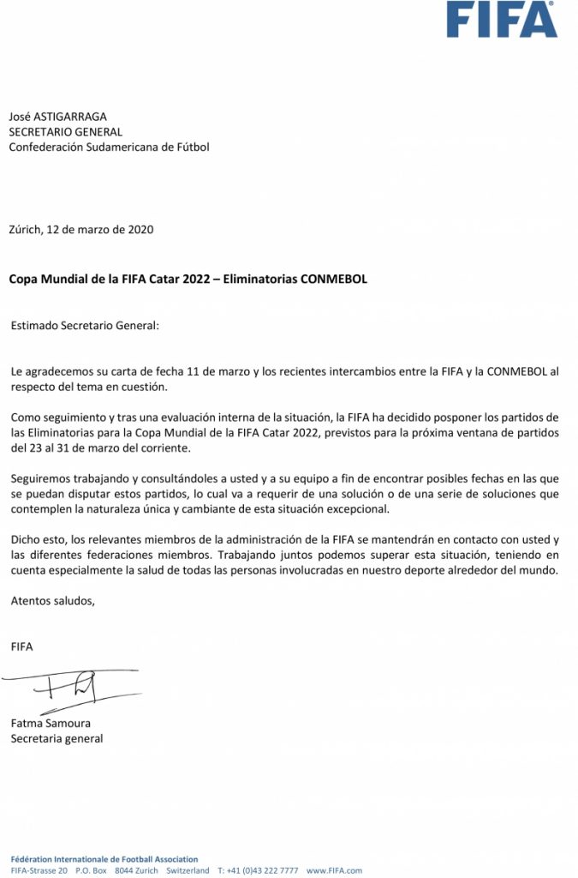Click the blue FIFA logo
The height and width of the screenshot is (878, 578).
502,19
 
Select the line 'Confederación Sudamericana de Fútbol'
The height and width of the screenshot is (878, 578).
109,147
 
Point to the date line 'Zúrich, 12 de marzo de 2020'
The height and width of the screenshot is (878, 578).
81,229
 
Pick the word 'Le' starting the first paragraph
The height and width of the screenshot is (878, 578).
16,371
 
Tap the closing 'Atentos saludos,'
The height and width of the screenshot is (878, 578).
52,600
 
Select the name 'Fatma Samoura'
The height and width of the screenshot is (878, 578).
51,723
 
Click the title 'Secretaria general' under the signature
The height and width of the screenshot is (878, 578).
57,738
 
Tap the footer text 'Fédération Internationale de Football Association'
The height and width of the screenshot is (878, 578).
104,859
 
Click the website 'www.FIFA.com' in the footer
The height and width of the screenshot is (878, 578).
334,870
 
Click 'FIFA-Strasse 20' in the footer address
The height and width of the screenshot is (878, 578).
39,870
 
